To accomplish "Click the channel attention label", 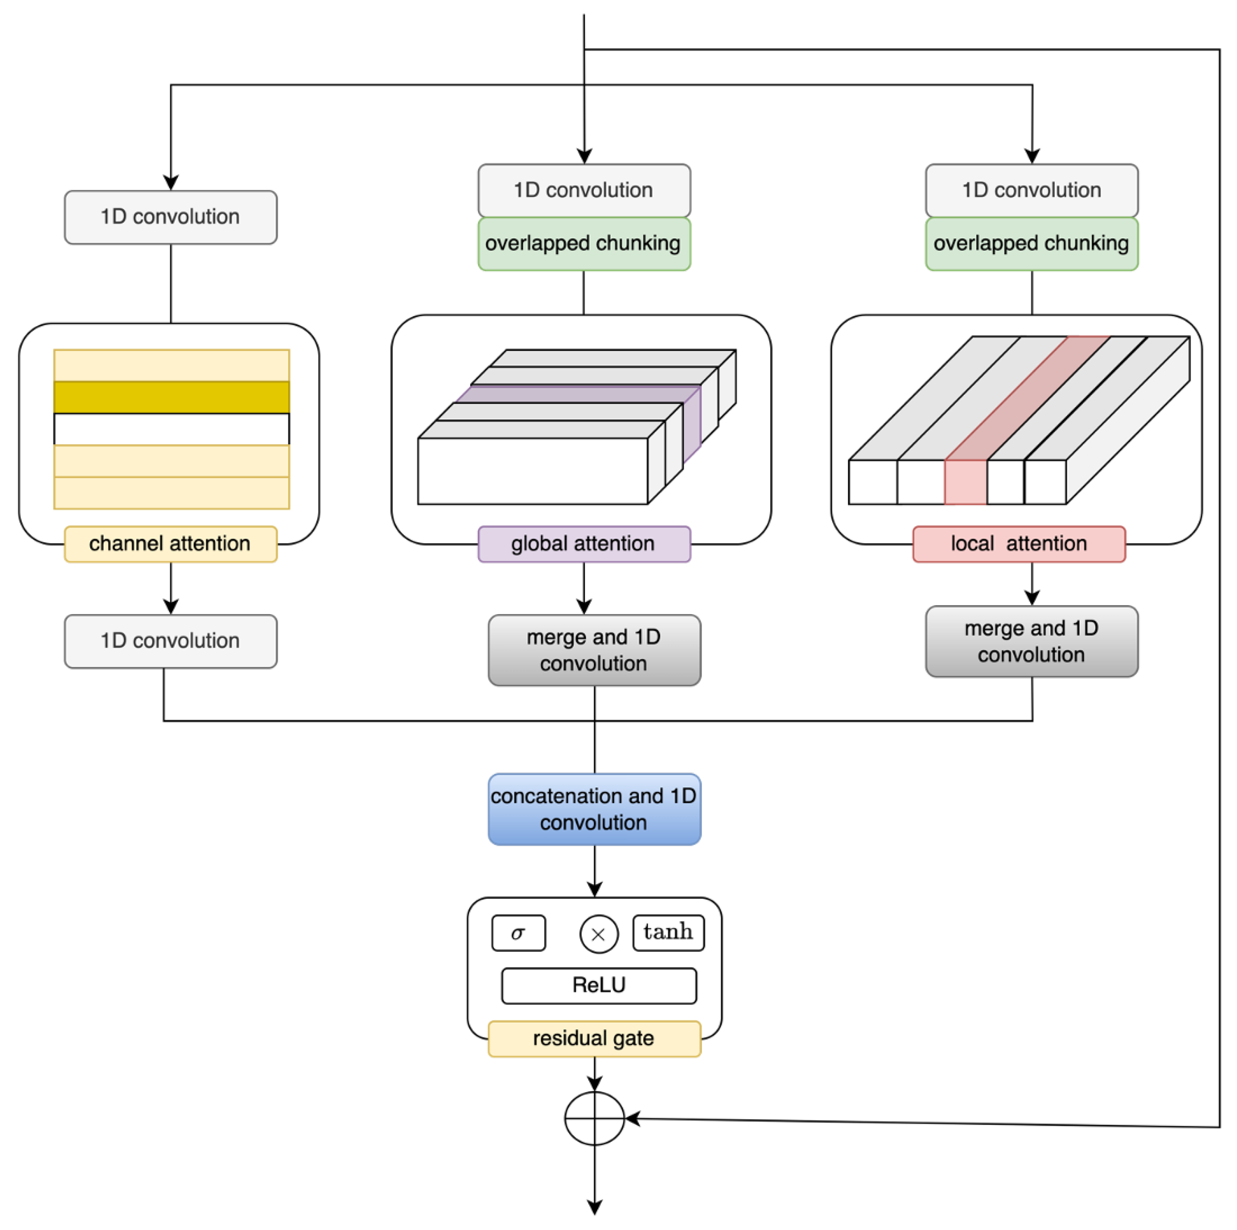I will point(170,544).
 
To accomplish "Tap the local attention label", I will point(1018,544).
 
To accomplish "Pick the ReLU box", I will point(598,985).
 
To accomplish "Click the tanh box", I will point(668,932).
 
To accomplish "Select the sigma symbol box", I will point(518,933).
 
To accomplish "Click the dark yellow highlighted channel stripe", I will point(172,397).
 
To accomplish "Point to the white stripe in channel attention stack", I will point(172,429).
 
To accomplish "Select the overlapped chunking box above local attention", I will point(1031,244).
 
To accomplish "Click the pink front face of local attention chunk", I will point(965,483).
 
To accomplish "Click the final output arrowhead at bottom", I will point(594,1207).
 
